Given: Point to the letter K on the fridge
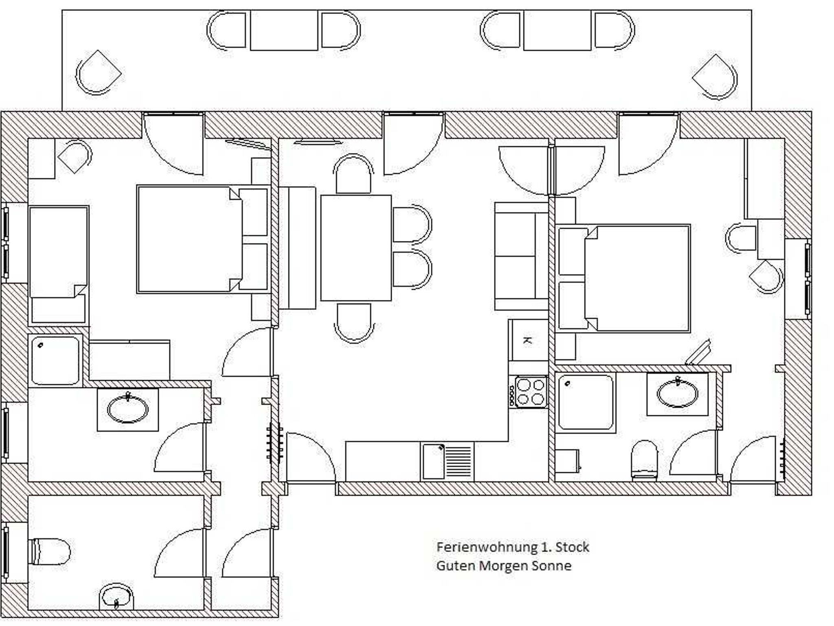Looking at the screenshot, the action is pyautogui.click(x=527, y=340).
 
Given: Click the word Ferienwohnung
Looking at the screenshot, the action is pyautogui.click(x=487, y=547).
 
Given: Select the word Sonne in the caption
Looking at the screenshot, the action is pyautogui.click(x=552, y=566).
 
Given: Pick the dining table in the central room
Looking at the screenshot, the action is pyautogui.click(x=356, y=248).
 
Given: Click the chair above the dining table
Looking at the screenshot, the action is pyautogui.click(x=353, y=173).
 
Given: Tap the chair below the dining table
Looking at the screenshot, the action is pyautogui.click(x=354, y=323).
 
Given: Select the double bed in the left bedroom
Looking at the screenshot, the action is pyautogui.click(x=203, y=239).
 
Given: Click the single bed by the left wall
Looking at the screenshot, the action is pyautogui.click(x=59, y=266).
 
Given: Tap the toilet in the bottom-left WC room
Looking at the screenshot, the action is pyautogui.click(x=49, y=552).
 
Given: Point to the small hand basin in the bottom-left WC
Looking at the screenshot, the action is pyautogui.click(x=116, y=598).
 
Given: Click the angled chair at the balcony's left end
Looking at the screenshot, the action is pyautogui.click(x=98, y=72).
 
